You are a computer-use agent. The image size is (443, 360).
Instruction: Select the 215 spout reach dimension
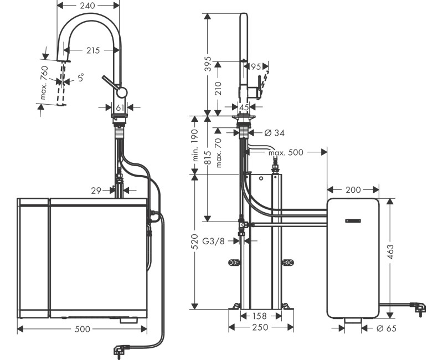93,50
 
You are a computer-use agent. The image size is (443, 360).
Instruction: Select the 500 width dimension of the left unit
82,330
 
